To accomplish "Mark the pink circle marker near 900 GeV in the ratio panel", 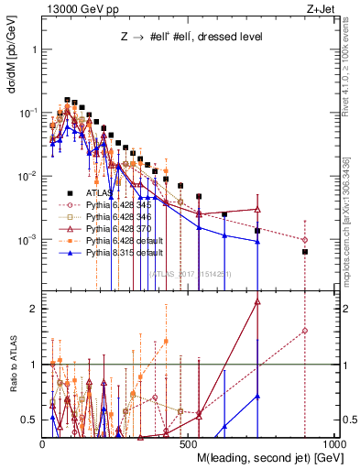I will [x=305, y=331].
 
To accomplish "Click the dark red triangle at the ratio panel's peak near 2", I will [x=257, y=301].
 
